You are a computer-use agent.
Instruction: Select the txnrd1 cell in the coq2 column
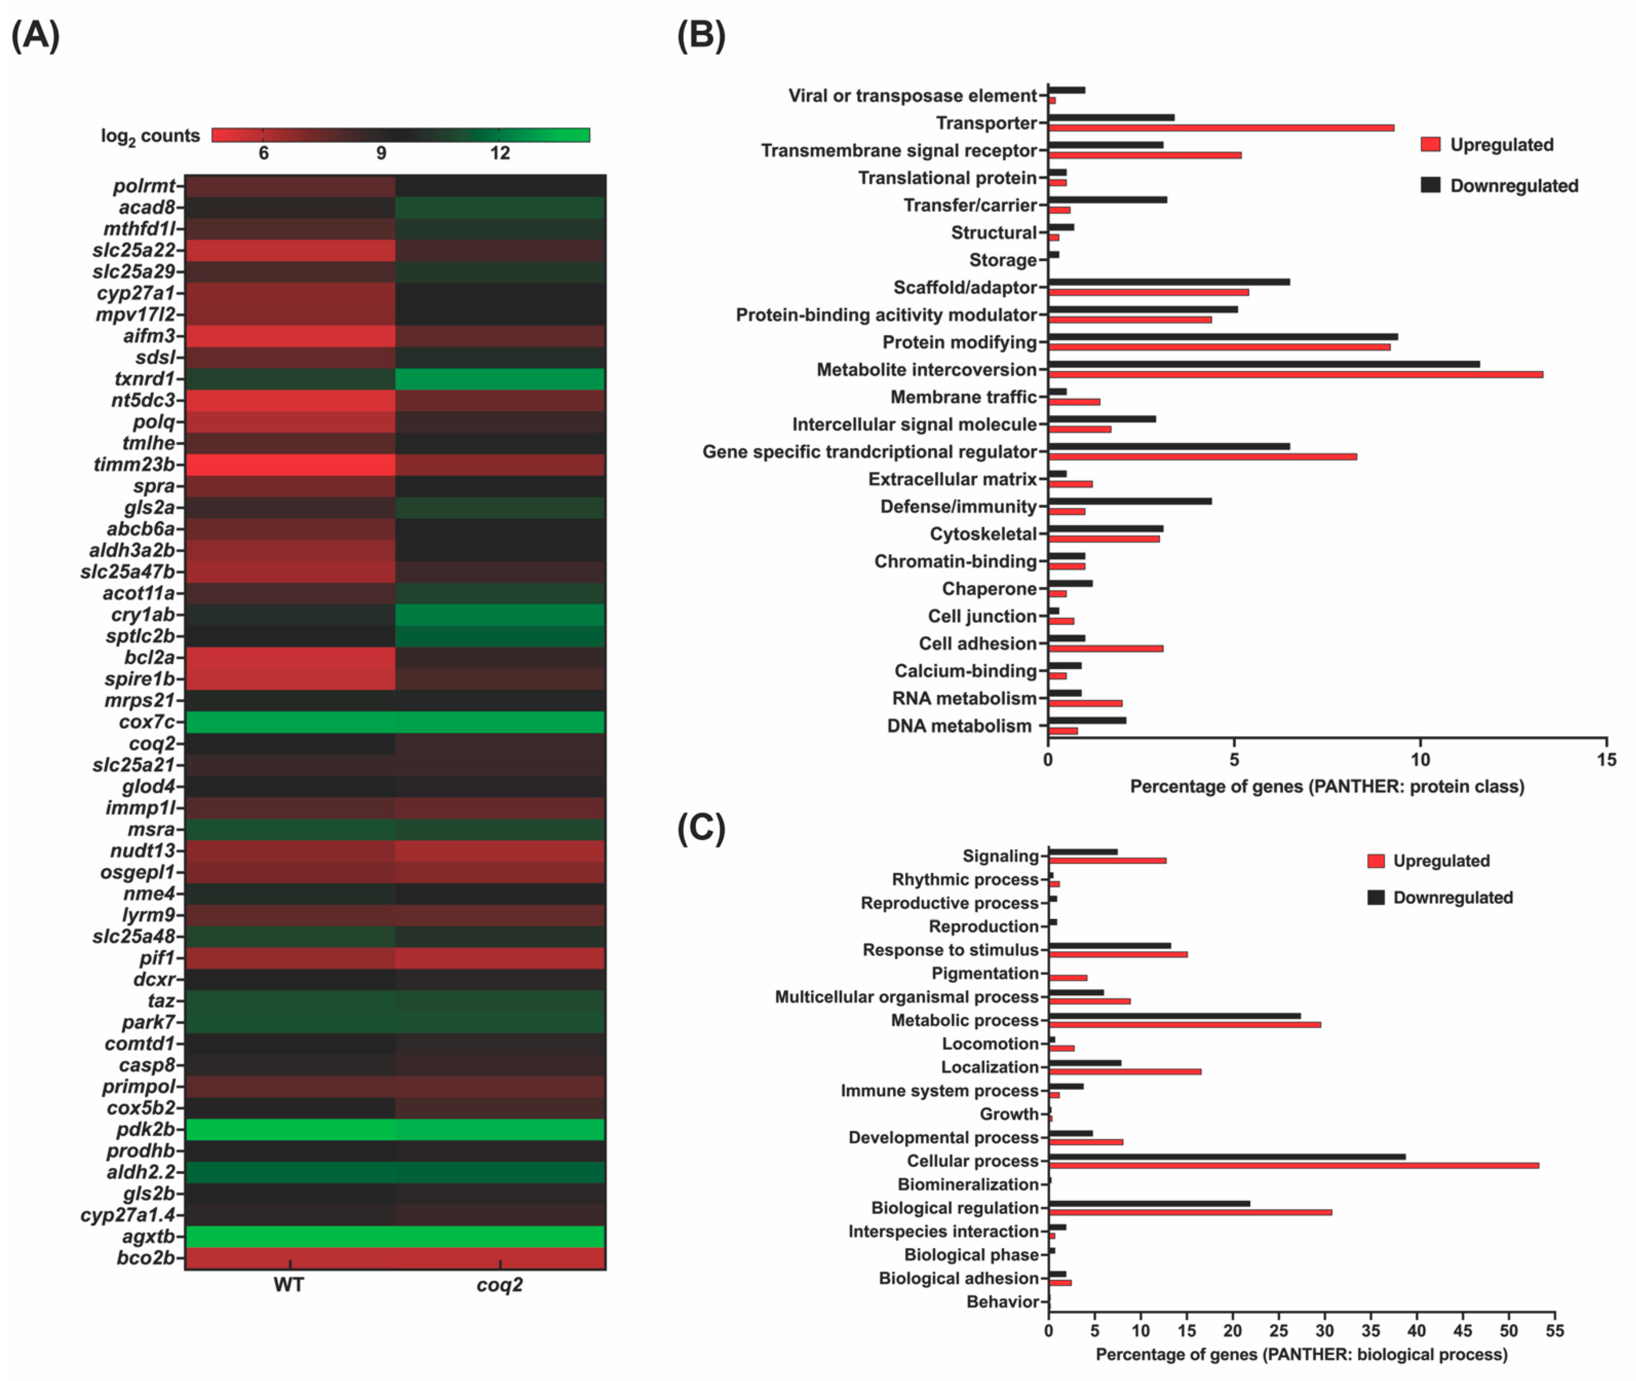[x=500, y=379]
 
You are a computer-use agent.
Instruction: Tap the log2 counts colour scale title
[x=150, y=136]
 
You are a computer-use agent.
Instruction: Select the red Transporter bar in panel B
[x=1221, y=128]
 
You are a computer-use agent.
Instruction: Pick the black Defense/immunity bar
[x=1129, y=501]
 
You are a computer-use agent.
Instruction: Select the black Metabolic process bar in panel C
[x=1174, y=1016]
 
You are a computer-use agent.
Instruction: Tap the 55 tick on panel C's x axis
[x=1554, y=1331]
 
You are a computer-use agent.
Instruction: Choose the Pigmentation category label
[x=985, y=973]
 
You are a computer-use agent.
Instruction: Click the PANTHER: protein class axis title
[x=1327, y=787]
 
